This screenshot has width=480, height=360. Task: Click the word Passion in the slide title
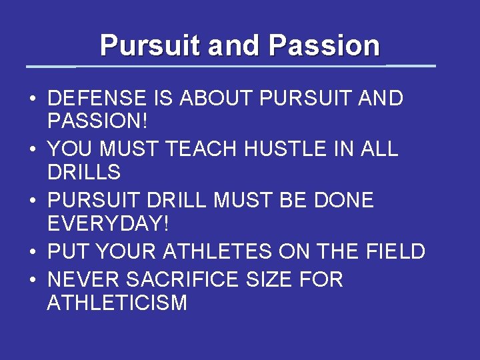pos(324,45)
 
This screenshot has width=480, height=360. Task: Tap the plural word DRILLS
pos(84,173)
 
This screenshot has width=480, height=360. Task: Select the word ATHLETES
pos(217,251)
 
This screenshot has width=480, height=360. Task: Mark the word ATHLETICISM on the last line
pos(117,303)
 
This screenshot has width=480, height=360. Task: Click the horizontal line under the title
pos(230,66)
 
